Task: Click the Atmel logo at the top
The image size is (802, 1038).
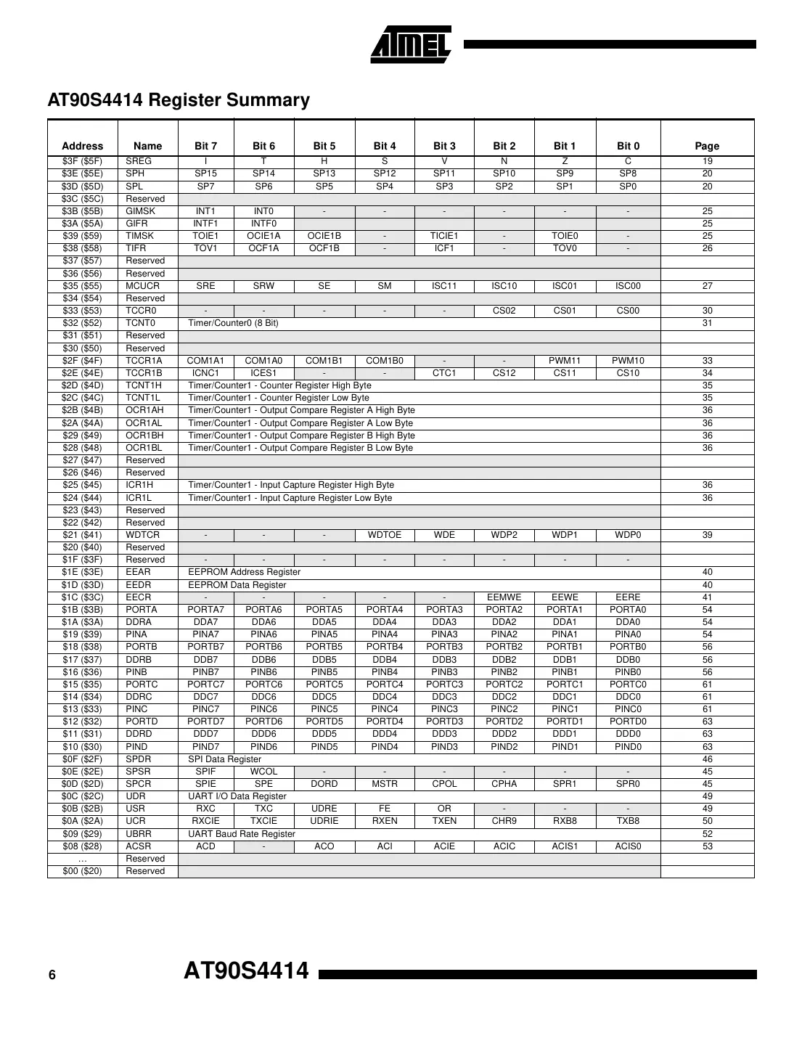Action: [411, 45]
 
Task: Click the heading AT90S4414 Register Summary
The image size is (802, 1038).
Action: [179, 100]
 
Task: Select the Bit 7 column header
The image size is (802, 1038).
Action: [205, 146]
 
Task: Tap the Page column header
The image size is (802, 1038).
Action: [706, 146]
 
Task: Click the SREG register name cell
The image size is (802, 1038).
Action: [139, 161]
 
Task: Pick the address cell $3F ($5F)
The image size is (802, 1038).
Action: [82, 161]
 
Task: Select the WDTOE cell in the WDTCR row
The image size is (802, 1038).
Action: [384, 535]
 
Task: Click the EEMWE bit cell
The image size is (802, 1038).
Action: [504, 597]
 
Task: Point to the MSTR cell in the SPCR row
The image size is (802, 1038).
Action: [384, 784]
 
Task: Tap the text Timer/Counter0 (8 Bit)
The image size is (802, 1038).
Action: [233, 323]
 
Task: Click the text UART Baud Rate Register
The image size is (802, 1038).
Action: [242, 834]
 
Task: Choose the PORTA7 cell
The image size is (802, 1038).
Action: [205, 610]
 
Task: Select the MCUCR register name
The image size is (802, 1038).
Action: [142, 286]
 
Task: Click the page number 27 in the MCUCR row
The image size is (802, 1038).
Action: [707, 286]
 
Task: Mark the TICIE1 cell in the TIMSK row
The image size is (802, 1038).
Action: [443, 236]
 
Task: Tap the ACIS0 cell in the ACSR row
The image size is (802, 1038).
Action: [628, 846]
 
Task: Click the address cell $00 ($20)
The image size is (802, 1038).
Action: [82, 871]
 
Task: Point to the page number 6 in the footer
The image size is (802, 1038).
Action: [52, 976]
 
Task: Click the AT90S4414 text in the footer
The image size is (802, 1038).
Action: [246, 971]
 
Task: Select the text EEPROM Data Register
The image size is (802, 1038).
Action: [237, 585]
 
